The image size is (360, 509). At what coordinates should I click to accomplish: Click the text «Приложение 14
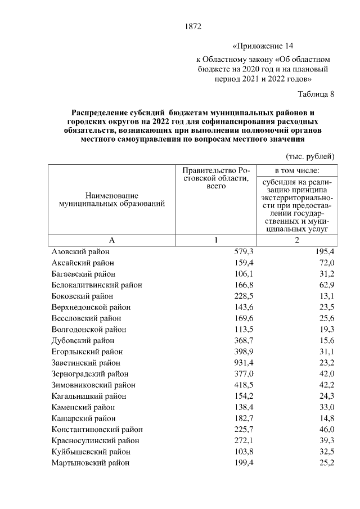263,46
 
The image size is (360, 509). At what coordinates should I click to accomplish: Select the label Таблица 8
316,93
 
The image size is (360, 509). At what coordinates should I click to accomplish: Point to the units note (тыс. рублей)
310,156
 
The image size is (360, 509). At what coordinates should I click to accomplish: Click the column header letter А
111,240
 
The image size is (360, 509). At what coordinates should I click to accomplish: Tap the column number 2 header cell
296,240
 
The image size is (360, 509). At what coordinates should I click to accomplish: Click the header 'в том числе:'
296,170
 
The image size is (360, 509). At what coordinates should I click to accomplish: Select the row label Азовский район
80,252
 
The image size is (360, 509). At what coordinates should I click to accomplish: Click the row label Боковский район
82,296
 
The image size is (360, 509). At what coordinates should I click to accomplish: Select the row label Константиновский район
97,429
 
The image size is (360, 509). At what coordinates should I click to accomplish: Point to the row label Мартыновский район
90,463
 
